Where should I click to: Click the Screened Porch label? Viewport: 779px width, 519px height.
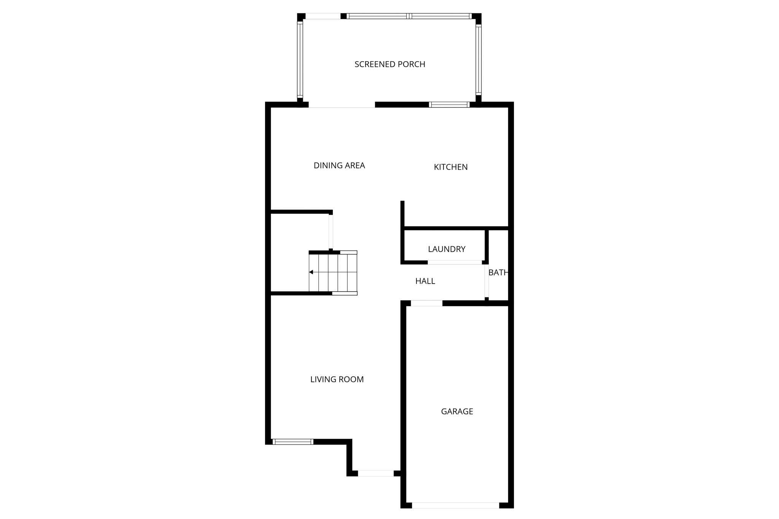pos(389,64)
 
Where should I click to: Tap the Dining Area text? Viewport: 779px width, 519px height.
pos(339,165)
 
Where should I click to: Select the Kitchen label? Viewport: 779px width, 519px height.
pos(450,167)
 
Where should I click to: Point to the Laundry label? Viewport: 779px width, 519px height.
pos(447,249)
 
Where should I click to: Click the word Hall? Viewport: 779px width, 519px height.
pos(425,281)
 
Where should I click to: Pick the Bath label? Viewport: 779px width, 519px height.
pos(498,273)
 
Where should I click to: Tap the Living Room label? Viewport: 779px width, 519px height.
pos(337,379)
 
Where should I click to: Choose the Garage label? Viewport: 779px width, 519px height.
pos(457,411)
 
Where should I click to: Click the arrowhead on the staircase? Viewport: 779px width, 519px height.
pos(311,272)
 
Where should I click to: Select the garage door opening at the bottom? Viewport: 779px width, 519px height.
pos(455,505)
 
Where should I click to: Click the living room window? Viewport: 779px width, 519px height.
pos(293,441)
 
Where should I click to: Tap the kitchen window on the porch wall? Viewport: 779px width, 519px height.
pos(449,105)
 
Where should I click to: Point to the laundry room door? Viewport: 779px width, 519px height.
pos(455,262)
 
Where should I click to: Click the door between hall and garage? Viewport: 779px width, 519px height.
pos(426,303)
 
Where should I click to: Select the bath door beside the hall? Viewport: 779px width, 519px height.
pos(486,281)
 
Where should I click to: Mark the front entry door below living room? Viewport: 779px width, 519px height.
pos(375,473)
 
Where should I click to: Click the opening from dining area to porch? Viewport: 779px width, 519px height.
pos(342,105)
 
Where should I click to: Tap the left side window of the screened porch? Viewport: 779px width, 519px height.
pos(300,59)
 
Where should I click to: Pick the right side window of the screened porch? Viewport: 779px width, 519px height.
pos(479,59)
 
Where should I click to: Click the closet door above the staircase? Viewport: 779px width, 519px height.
pos(331,232)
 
